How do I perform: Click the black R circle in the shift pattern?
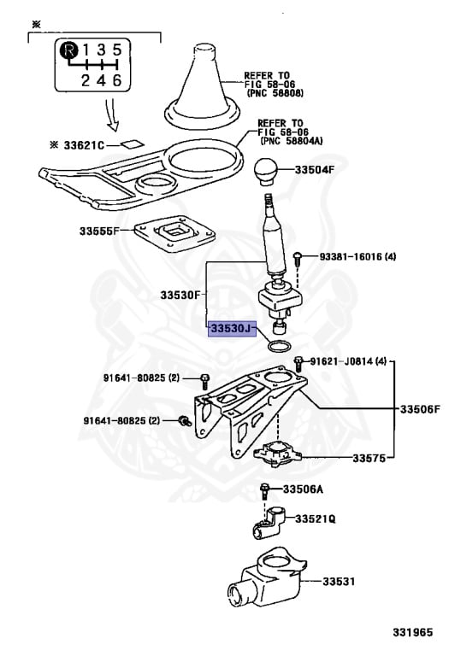pyautogui.click(x=69, y=50)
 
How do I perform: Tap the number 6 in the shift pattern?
pyautogui.click(x=117, y=80)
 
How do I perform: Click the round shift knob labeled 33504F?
pyautogui.click(x=266, y=171)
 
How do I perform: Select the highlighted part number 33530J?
pyautogui.click(x=232, y=329)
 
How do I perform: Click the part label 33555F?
pyautogui.click(x=100, y=231)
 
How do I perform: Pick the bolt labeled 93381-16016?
pyautogui.click(x=297, y=258)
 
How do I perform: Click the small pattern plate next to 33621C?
pyautogui.click(x=133, y=143)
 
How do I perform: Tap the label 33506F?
pyautogui.click(x=420, y=409)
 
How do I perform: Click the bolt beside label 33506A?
pyautogui.click(x=264, y=491)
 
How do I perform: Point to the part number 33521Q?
pyautogui.click(x=316, y=518)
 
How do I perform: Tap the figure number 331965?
pyautogui.click(x=412, y=633)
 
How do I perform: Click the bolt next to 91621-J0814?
pyautogui.click(x=298, y=363)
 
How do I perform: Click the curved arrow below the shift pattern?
pyautogui.click(x=111, y=115)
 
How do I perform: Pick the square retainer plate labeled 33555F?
pyautogui.click(x=174, y=233)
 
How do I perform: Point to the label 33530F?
pyautogui.click(x=180, y=295)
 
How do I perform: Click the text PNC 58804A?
pyautogui.click(x=292, y=141)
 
